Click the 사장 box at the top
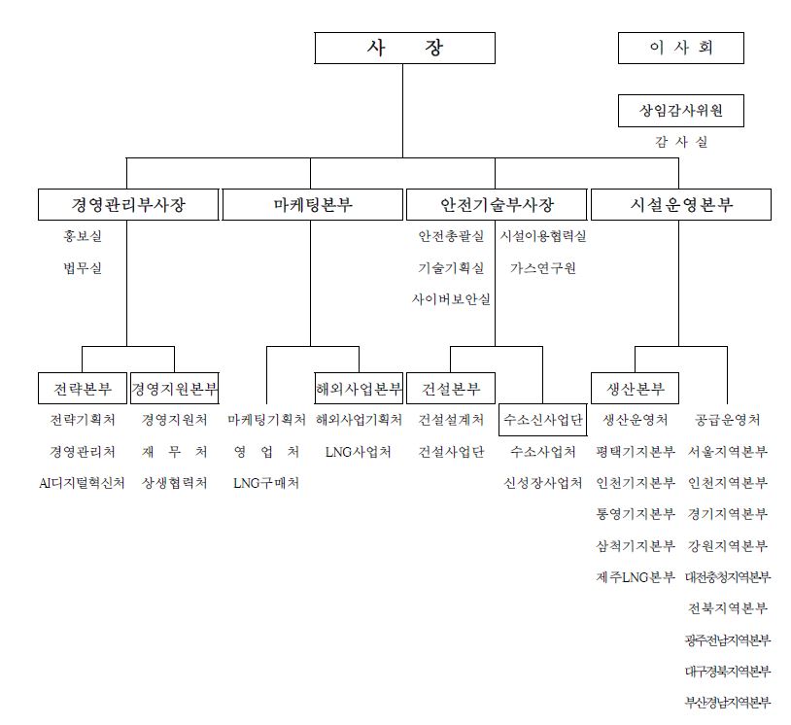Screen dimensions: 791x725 [x=404, y=48]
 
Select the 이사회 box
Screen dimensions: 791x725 [x=680, y=48]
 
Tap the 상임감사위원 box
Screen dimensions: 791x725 [x=680, y=111]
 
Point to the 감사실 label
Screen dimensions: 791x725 [x=681, y=142]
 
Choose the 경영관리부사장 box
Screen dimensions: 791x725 [x=128, y=204]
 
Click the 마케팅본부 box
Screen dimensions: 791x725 [x=312, y=204]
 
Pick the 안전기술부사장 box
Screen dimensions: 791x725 [x=497, y=204]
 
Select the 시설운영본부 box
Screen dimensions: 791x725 [x=680, y=204]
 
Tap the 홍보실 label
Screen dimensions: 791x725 [x=83, y=236]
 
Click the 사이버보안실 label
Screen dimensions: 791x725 [x=451, y=299]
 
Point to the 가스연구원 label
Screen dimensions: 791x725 [x=543, y=268]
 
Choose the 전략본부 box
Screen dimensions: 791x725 [x=83, y=388]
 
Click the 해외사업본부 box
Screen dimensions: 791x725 [x=359, y=388]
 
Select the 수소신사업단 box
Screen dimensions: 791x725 [x=543, y=419]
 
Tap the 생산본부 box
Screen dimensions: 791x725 [x=635, y=388]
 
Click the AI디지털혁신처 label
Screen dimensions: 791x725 [x=82, y=483]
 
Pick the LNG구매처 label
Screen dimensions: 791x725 [x=266, y=483]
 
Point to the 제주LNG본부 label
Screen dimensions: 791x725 [x=636, y=576]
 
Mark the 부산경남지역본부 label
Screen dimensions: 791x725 [x=728, y=703]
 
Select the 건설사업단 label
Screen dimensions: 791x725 [x=451, y=452]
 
